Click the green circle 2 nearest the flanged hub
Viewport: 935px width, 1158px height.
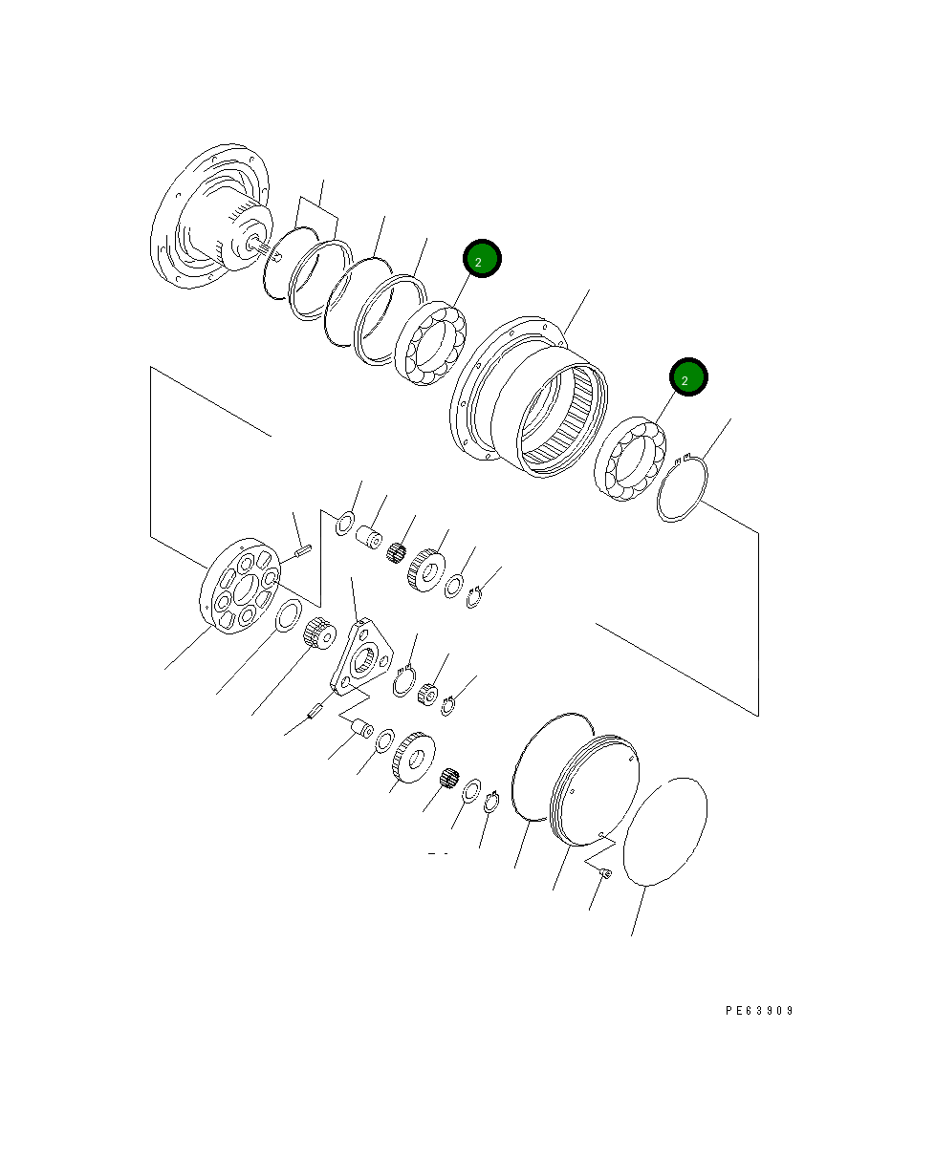pos(481,259)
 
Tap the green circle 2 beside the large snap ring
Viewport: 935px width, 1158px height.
pos(687,377)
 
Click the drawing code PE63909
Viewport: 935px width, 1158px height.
pos(758,1010)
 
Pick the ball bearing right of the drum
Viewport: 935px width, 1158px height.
pos(628,460)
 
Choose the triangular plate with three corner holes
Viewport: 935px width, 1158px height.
pos(360,658)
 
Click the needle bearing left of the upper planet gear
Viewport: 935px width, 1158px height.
pos(396,553)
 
